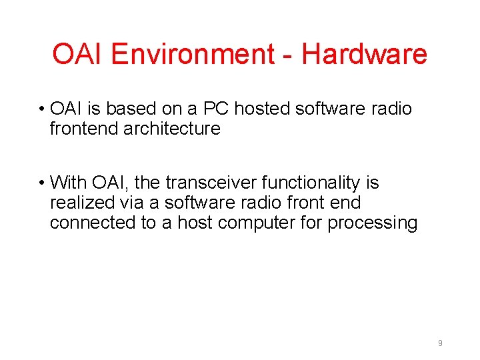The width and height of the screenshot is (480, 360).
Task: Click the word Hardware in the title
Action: (x=364, y=54)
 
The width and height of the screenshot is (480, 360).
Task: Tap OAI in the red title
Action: (x=79, y=54)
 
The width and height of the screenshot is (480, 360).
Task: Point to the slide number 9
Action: (x=440, y=343)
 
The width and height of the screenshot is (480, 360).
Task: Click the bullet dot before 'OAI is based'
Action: (x=41, y=109)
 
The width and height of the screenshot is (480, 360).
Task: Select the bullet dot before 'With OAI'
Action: (x=41, y=183)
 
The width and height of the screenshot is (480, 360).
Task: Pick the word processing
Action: (x=372, y=223)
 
